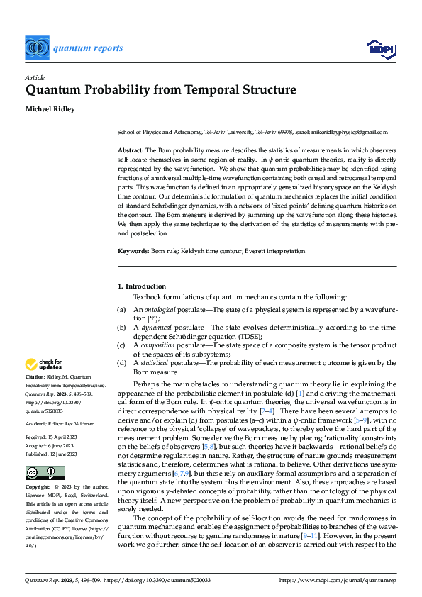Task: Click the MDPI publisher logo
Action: click(381, 48)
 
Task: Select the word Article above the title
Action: click(35, 77)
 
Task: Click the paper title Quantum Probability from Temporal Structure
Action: click(160, 91)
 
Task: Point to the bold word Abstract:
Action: click(131, 151)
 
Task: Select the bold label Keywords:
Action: click(133, 252)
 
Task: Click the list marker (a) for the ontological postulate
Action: click(122, 310)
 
